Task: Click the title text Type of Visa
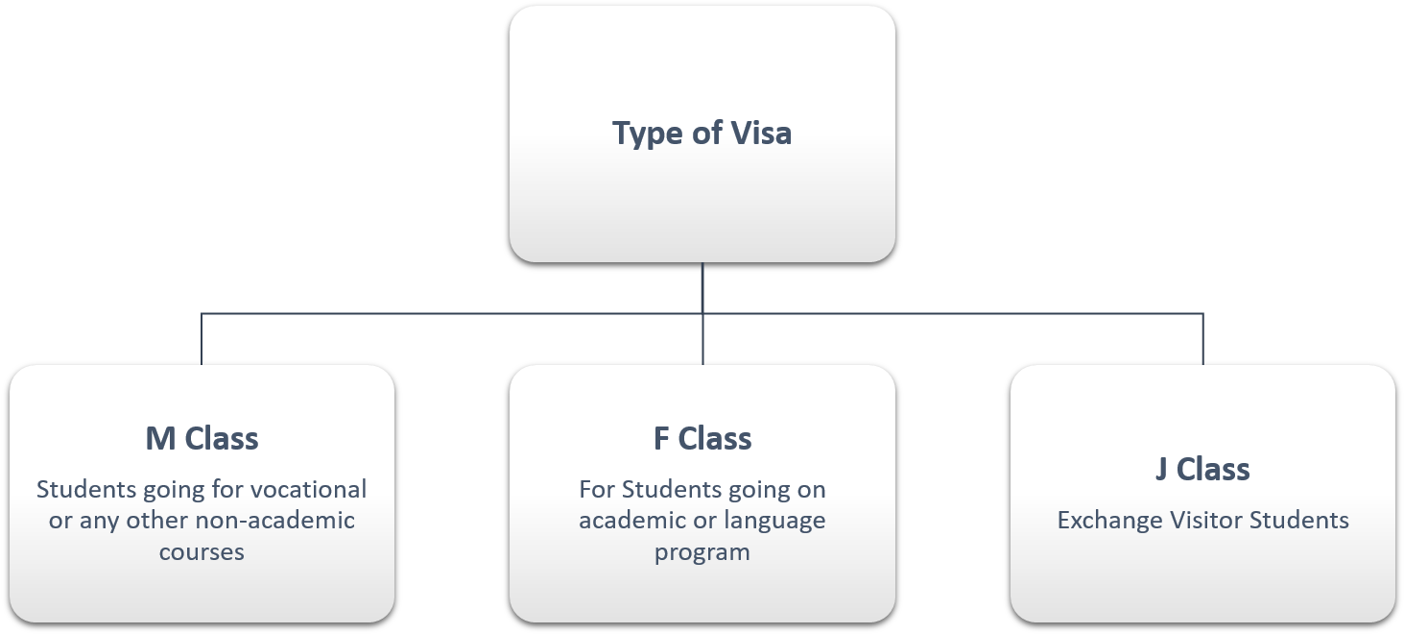tap(702, 134)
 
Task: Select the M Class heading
tap(202, 438)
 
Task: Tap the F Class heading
tap(702, 438)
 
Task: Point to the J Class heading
tap(1202, 469)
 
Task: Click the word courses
tap(202, 552)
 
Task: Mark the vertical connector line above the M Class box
tap(202, 339)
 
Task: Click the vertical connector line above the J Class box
tap(1202, 339)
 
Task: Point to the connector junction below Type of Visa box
tap(702, 313)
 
